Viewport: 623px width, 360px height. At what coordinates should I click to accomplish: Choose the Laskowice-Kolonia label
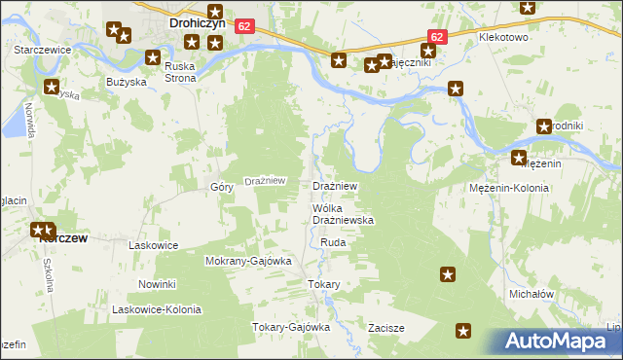pos(157,309)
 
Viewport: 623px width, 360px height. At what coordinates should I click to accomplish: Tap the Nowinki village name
pos(156,284)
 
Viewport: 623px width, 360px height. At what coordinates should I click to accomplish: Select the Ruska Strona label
pos(180,72)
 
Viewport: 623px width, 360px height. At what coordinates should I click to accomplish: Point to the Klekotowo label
pos(503,36)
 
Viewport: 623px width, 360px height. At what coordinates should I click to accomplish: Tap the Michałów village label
pos(531,293)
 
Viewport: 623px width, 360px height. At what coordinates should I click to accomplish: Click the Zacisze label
pos(385,328)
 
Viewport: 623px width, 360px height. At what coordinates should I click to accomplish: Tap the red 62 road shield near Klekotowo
pos(437,36)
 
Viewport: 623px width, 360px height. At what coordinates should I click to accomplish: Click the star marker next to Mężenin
pos(519,159)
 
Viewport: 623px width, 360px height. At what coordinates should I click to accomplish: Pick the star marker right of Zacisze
pos(464,331)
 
